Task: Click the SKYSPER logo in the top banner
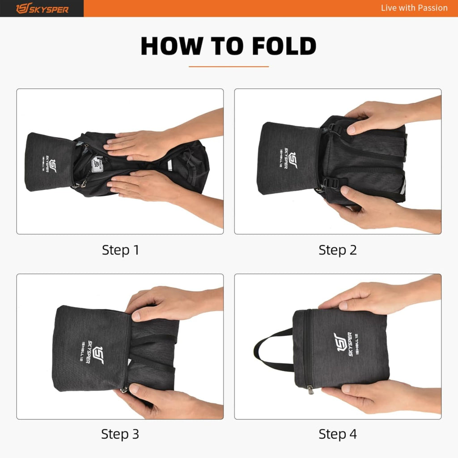click(42, 8)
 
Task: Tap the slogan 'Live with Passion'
click(414, 8)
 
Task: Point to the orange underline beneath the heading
click(229, 67)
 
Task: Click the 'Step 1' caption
click(120, 250)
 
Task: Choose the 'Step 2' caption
click(338, 250)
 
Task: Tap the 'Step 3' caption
click(120, 434)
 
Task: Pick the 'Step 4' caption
click(338, 434)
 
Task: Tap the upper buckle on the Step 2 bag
click(332, 128)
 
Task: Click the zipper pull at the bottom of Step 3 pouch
click(124, 390)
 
